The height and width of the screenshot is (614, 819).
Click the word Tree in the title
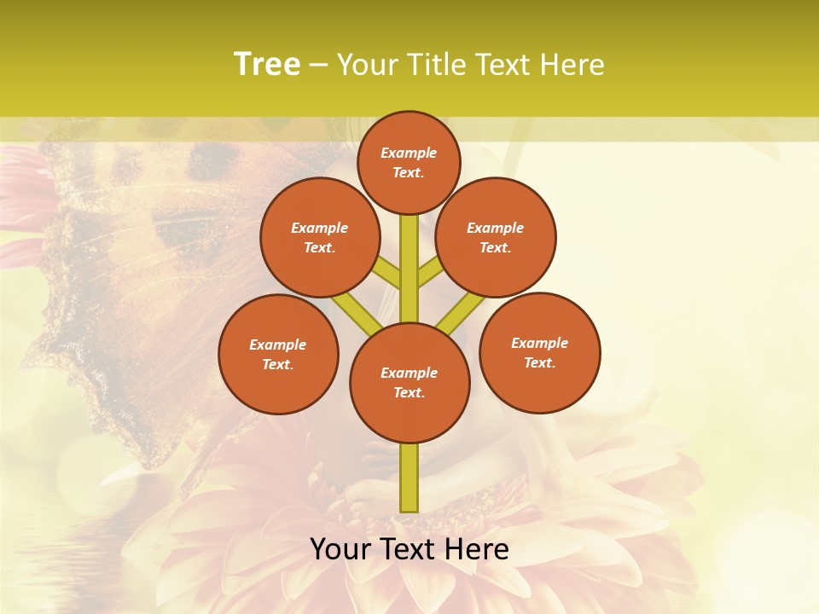[x=267, y=64]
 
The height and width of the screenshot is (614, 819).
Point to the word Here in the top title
[x=573, y=65]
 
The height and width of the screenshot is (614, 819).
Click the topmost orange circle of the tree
[x=409, y=162]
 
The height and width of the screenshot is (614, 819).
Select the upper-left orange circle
[x=320, y=237]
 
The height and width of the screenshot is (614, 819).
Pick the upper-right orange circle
[x=496, y=237]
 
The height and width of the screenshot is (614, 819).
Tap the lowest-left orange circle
[x=278, y=354]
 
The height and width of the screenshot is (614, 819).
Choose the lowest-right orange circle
[x=539, y=352]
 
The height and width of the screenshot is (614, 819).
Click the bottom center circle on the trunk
[x=409, y=383]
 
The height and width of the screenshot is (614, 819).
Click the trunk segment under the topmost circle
[x=409, y=256]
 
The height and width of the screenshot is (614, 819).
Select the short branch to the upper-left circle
[x=388, y=274]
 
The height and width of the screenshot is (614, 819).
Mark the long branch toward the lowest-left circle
[x=357, y=312]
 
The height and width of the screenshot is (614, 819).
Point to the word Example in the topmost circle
[x=409, y=153]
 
